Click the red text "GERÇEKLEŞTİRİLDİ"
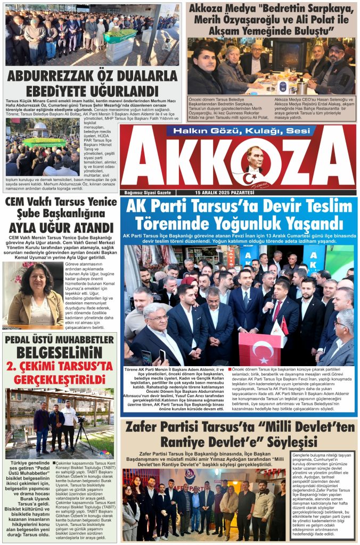59,379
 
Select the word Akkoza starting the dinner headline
214,10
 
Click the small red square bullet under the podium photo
230,369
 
